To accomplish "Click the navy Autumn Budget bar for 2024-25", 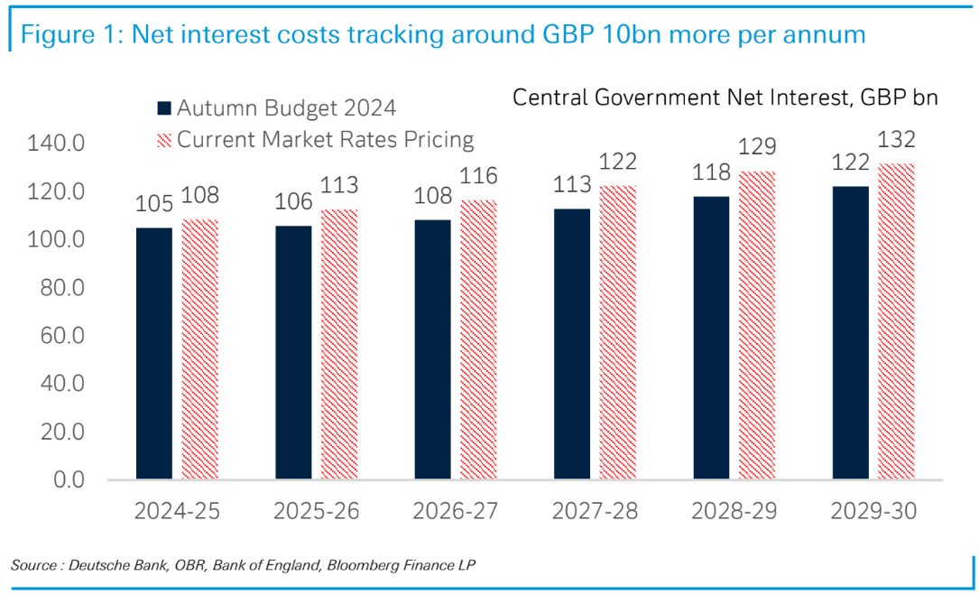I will (153, 353).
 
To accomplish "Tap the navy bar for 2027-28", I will (571, 344).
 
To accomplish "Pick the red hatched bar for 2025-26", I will (339, 344).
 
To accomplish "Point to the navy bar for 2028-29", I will (711, 338).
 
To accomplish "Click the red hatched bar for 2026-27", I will (478, 339).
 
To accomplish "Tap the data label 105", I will (154, 204).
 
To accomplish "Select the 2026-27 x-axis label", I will (455, 512).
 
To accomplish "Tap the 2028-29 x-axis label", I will (734, 512).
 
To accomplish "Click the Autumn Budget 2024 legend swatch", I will (164, 108).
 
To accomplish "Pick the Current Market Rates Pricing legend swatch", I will (164, 140).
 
